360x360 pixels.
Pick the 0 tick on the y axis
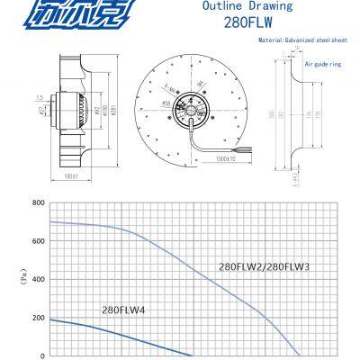[x=41, y=355]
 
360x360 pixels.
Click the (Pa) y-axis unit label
[x=19, y=279]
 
